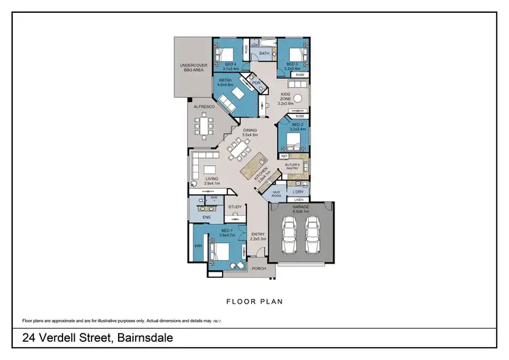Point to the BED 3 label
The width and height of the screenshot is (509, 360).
coord(293,66)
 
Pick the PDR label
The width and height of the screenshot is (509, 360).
coord(256,83)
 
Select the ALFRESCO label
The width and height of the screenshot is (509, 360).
coord(204,107)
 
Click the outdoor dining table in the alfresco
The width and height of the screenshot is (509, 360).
coord(204,124)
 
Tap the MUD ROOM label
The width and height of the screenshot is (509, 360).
coord(276,194)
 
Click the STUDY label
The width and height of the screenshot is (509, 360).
coord(235,206)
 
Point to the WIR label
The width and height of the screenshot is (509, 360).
coord(199,246)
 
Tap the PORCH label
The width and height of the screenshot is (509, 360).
coord(259,268)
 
